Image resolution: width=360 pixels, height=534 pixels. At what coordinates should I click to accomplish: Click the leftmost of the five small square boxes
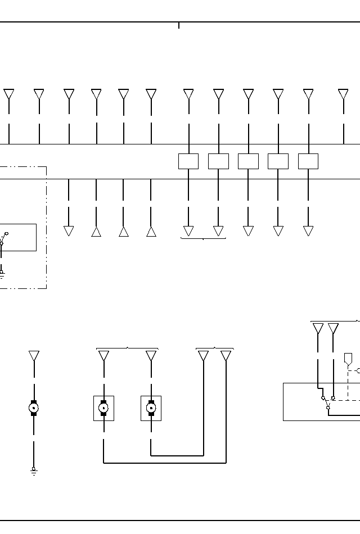(x=188, y=161)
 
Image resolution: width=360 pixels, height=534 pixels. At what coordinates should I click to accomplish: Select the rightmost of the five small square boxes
(x=308, y=161)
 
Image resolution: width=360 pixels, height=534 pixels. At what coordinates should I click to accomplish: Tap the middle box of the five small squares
(x=248, y=161)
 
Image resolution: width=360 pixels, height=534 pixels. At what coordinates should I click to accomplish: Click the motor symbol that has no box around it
(x=34, y=408)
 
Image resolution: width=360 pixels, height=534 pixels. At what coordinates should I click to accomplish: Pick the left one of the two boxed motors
(x=103, y=408)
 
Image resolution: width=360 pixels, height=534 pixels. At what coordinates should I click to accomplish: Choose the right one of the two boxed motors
(x=151, y=408)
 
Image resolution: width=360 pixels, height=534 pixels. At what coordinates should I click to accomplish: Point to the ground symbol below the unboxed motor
(x=34, y=471)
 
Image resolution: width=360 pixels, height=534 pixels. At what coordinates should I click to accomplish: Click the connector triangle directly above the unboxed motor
(x=34, y=356)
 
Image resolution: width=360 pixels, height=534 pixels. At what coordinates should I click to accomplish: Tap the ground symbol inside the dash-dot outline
(x=2, y=274)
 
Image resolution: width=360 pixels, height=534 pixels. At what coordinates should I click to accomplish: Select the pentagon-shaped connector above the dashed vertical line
(x=348, y=358)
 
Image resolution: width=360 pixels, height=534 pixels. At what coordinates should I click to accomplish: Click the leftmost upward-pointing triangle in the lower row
(x=96, y=231)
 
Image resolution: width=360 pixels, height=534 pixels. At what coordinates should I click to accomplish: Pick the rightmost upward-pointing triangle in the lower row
(x=151, y=231)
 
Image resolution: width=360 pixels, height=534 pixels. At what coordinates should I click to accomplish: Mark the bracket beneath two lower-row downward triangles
(x=203, y=239)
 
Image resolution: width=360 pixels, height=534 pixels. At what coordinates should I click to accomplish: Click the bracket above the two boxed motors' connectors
(x=127, y=349)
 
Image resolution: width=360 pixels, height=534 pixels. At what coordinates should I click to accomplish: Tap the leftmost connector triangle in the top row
(x=9, y=94)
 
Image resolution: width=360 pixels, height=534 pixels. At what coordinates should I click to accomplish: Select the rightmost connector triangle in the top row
(x=343, y=94)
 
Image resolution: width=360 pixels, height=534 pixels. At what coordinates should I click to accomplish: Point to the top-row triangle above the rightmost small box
(x=308, y=94)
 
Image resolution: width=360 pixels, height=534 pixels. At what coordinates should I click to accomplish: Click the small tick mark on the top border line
(x=179, y=25)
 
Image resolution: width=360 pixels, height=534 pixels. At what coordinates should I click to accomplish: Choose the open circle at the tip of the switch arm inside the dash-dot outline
(x=7, y=233)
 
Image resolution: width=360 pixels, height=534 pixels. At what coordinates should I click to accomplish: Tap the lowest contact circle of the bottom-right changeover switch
(x=328, y=408)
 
